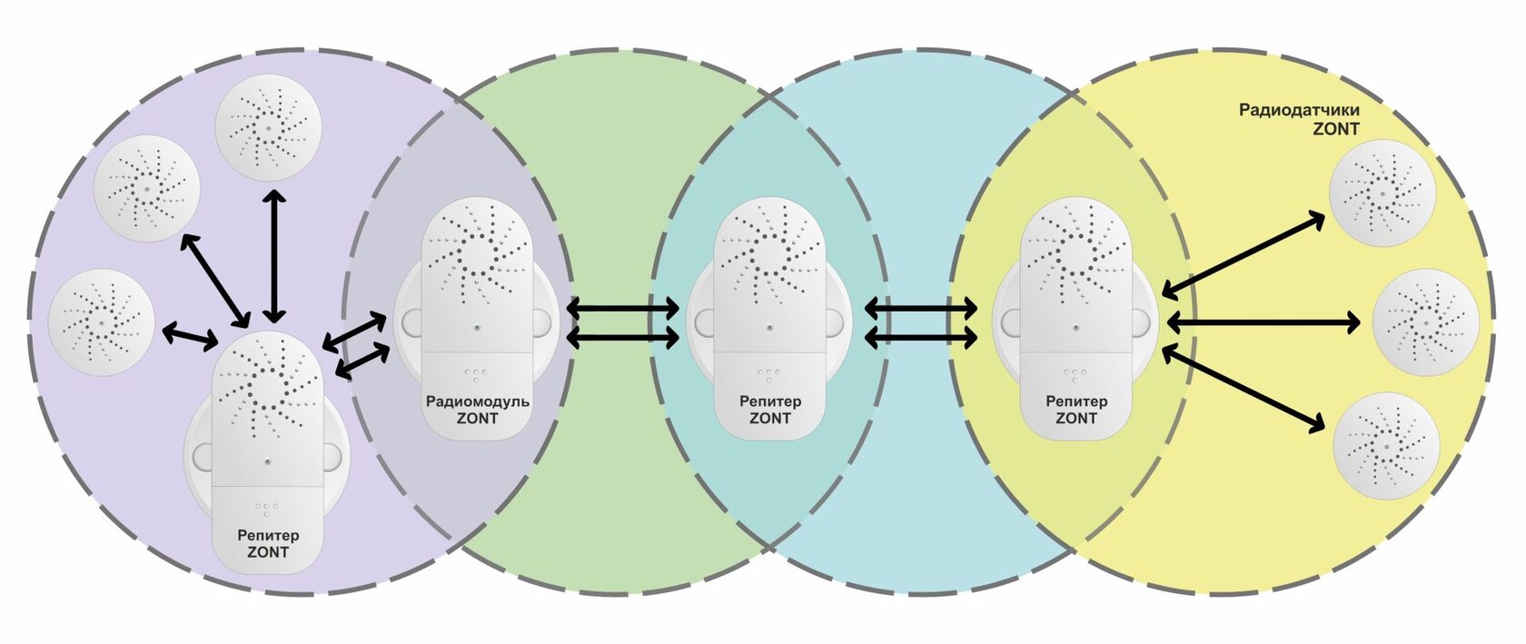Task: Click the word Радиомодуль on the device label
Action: [477, 401]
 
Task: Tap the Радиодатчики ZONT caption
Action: [1299, 119]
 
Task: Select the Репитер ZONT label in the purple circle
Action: [268, 543]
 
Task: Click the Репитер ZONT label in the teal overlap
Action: [770, 410]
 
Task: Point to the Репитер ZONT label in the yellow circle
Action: [1076, 410]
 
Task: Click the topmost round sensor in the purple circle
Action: [267, 127]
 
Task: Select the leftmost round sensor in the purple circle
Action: [102, 322]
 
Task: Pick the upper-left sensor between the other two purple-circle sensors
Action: [146, 188]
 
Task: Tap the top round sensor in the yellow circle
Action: [1382, 193]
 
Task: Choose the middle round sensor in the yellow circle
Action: [1426, 322]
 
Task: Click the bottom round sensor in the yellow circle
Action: [1386, 446]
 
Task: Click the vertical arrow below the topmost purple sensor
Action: [274, 257]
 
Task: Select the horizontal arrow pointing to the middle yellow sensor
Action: [1263, 322]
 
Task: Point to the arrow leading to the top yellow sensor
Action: [1244, 255]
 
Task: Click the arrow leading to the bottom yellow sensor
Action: [1244, 389]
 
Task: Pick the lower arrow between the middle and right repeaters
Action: [920, 337]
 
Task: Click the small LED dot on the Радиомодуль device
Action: [477, 327]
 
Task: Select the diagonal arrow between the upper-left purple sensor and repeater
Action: [214, 280]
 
